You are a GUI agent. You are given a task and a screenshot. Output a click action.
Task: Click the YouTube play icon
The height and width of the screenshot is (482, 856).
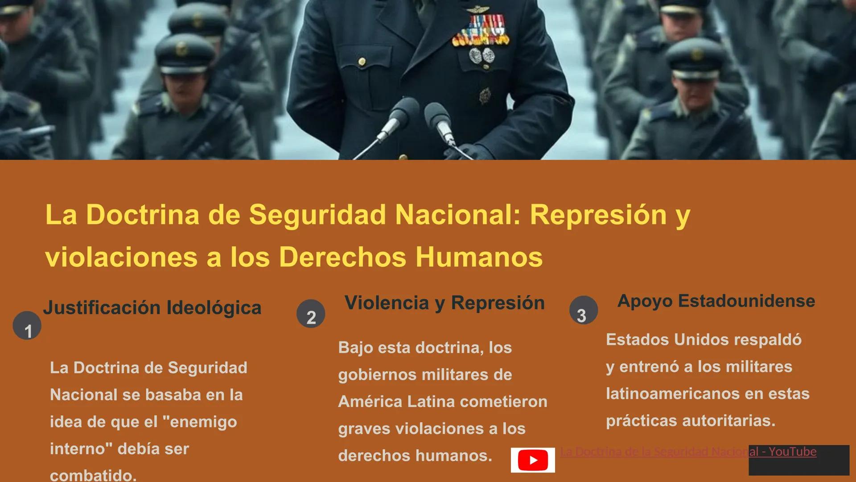533,460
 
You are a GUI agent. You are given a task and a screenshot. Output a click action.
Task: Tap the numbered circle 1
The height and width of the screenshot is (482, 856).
27,326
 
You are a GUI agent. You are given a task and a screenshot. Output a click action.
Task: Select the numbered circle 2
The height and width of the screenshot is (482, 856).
311,314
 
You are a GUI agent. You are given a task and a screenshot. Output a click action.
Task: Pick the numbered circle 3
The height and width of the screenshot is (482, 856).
583,311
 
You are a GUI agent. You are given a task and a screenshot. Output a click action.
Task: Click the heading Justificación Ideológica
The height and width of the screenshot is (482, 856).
152,308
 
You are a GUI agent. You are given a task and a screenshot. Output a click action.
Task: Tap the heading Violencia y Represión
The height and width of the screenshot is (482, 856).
444,303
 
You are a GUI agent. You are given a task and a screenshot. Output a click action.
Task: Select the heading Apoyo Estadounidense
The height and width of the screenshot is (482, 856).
716,301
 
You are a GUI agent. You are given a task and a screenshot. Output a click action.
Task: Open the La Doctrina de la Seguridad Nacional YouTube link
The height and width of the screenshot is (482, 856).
688,452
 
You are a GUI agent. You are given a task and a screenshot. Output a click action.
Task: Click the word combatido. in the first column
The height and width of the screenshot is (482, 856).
93,475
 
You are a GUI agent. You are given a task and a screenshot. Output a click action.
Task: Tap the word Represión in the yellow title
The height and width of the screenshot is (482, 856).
598,215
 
